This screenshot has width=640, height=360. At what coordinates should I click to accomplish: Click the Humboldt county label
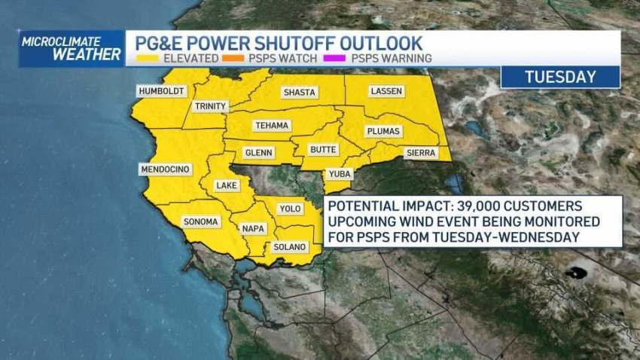pyautogui.click(x=160, y=91)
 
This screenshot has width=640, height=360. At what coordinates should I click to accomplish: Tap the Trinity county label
pyautogui.click(x=209, y=106)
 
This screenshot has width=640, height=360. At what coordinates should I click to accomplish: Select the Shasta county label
pyautogui.click(x=299, y=93)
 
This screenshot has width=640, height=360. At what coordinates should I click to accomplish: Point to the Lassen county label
pyautogui.click(x=386, y=91)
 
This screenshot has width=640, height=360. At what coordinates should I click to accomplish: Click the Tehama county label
pyautogui.click(x=272, y=125)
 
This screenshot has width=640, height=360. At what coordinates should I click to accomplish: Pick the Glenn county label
pyautogui.click(x=259, y=153)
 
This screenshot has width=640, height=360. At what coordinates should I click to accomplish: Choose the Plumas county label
pyautogui.click(x=382, y=131)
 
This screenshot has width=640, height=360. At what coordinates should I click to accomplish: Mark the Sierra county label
pyautogui.click(x=421, y=153)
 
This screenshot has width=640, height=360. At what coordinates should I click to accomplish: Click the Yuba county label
pyautogui.click(x=338, y=174)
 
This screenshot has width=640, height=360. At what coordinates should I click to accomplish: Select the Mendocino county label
pyautogui.click(x=164, y=169)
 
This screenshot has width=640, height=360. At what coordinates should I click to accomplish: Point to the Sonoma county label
pyautogui.click(x=200, y=221)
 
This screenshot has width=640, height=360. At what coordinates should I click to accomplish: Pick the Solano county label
pyautogui.click(x=290, y=246)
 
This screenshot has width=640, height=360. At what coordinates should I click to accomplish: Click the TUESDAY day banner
pyautogui.click(x=560, y=77)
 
